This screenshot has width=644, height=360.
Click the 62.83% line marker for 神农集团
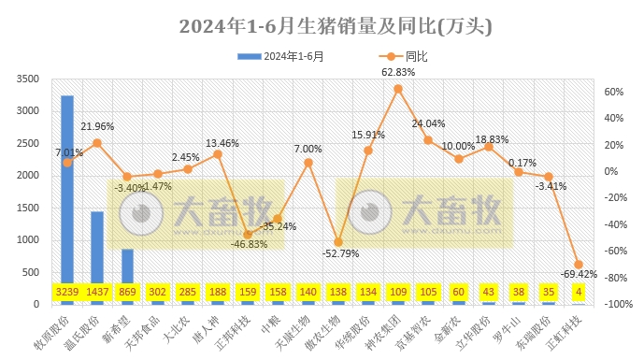click(x=398, y=89)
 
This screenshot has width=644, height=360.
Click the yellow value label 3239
click(x=67, y=293)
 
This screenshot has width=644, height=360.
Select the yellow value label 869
click(x=127, y=293)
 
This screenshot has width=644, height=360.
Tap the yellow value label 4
click(x=579, y=293)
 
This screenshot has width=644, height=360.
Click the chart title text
click(x=322, y=23)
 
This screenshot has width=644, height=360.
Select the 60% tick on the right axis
click(x=613, y=92)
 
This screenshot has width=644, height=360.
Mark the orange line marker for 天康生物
click(x=308, y=163)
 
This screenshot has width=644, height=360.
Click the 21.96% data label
click(x=97, y=127)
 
